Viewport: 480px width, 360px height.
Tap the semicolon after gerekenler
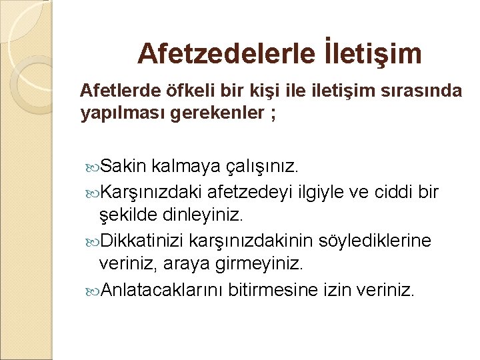pos(273,114)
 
